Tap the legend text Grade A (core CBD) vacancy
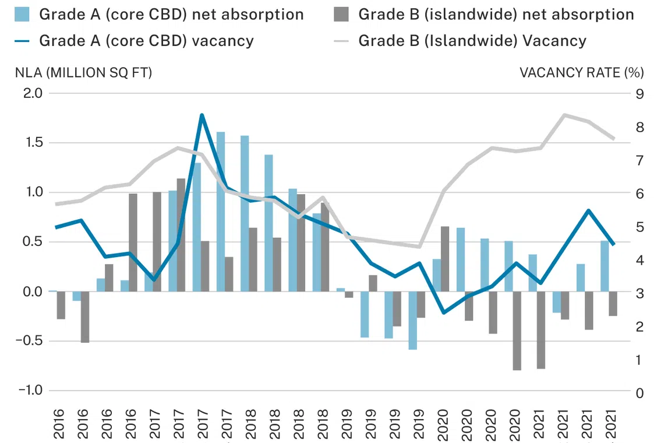point(146,41)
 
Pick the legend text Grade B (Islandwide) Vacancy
point(472,41)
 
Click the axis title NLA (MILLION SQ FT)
point(83,73)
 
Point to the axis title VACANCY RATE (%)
point(581,73)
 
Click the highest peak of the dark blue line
point(202,115)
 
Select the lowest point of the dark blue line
point(444,313)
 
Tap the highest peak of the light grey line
point(564,115)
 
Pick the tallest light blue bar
point(221,212)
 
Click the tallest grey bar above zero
point(181,235)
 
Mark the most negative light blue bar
point(412,320)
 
